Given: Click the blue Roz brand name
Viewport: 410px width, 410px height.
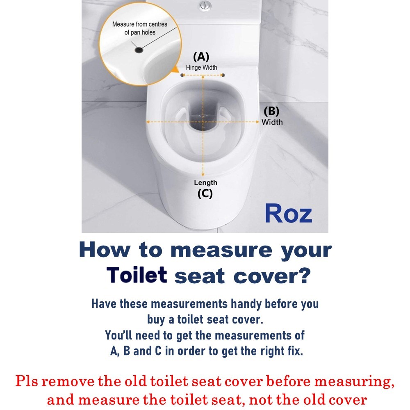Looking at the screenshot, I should [x=288, y=213].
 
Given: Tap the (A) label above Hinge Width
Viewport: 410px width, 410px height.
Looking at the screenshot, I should [x=201, y=56].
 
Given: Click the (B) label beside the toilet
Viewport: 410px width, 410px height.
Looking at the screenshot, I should [x=271, y=111].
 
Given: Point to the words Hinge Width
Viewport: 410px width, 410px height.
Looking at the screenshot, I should [x=201, y=67].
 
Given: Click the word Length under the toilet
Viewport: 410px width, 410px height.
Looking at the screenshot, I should [x=205, y=182].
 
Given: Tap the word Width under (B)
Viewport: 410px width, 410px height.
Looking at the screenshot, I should [x=272, y=122].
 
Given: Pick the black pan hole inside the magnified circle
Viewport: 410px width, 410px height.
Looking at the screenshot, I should [x=139, y=50].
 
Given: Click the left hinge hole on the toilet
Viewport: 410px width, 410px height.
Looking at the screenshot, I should [x=182, y=75].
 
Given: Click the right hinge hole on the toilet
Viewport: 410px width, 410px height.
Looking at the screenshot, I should [x=223, y=75].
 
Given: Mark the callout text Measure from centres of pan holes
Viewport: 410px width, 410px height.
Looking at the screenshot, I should [x=140, y=28].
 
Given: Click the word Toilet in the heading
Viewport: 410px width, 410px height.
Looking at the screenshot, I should [x=137, y=276].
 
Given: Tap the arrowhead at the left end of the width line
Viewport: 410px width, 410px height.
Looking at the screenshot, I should [x=148, y=122].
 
